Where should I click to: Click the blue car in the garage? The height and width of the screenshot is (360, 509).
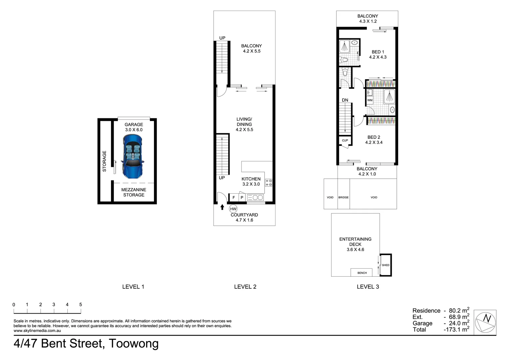coord(133,156)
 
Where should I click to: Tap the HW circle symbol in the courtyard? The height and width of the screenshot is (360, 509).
coord(233,209)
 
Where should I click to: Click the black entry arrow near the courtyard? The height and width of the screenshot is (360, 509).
coord(222,207)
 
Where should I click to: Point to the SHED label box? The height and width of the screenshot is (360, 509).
coord(385,265)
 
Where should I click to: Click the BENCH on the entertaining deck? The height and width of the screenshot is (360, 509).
coord(362,273)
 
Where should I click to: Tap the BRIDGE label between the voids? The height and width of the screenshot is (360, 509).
coord(343,197)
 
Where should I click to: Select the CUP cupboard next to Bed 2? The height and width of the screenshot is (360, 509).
coord(345,140)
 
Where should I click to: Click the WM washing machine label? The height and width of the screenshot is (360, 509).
coord(370,100)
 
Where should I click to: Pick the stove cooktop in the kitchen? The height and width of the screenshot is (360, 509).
coord(268,183)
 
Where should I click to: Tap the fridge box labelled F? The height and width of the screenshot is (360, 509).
coord(234,198)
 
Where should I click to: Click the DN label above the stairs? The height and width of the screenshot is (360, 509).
coord(345,100)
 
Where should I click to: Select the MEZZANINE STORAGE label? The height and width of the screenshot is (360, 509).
coord(134,192)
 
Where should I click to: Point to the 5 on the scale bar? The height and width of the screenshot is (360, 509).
coord(81,304)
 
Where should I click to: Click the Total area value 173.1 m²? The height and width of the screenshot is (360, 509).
coord(457,329)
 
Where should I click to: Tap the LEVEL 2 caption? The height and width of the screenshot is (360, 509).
coord(245,287)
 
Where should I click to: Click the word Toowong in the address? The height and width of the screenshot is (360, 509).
coord(134,343)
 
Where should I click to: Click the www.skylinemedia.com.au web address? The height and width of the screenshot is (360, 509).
coord(37,331)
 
